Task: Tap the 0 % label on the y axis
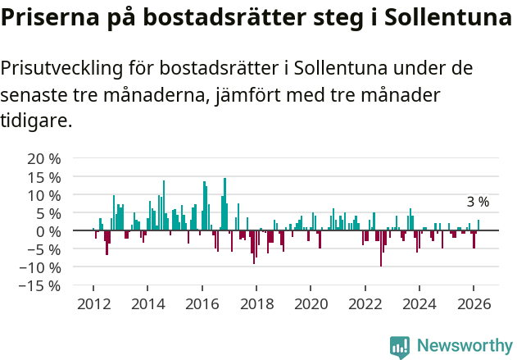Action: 48,231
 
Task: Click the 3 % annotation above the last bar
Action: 478,202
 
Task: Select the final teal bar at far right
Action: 478,226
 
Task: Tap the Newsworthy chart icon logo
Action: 400,346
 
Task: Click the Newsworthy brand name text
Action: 464,346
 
